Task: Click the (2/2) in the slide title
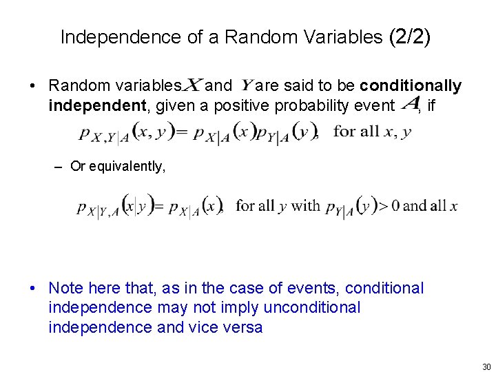[x=410, y=37]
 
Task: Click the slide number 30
[x=486, y=366]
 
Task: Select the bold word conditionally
[x=411, y=86]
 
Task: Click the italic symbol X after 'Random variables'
[x=192, y=85]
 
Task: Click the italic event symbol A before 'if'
[x=411, y=105]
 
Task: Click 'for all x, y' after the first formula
[x=373, y=132]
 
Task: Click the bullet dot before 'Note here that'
[x=33, y=288]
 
